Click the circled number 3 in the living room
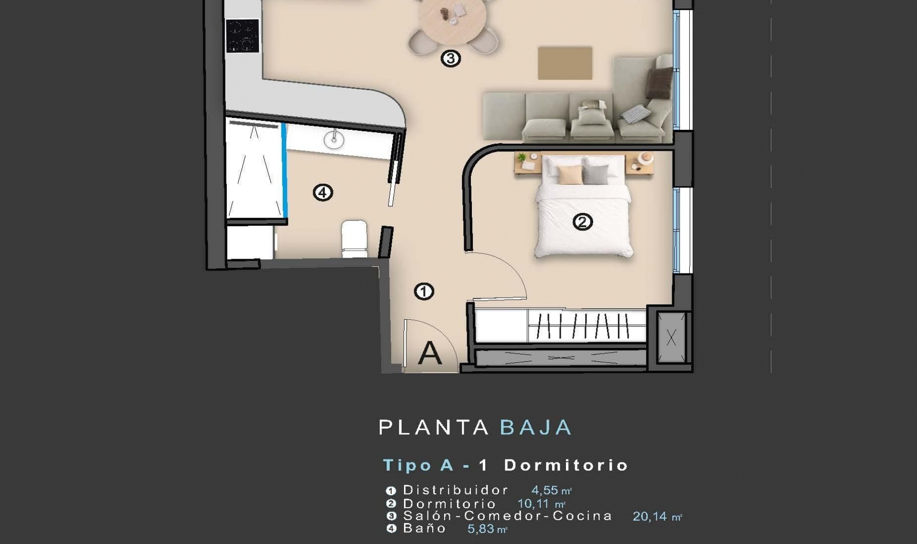[x=450, y=59]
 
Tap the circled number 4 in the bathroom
[x=323, y=193]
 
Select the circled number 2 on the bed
[x=583, y=222]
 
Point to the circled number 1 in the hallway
[x=424, y=292]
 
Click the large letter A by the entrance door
[x=430, y=353]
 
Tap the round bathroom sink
[x=334, y=139]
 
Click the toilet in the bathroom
[x=354, y=239]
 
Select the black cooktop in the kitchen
[x=243, y=36]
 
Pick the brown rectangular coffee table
[x=565, y=63]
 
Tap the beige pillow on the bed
[x=570, y=175]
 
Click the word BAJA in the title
[x=536, y=428]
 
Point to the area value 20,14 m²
[x=657, y=516]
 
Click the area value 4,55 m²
[x=552, y=490]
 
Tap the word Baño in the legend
[x=424, y=528]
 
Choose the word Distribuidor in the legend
[x=456, y=490]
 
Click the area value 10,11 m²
[x=542, y=503]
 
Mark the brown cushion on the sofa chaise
[x=660, y=83]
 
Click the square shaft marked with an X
[x=672, y=338]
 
